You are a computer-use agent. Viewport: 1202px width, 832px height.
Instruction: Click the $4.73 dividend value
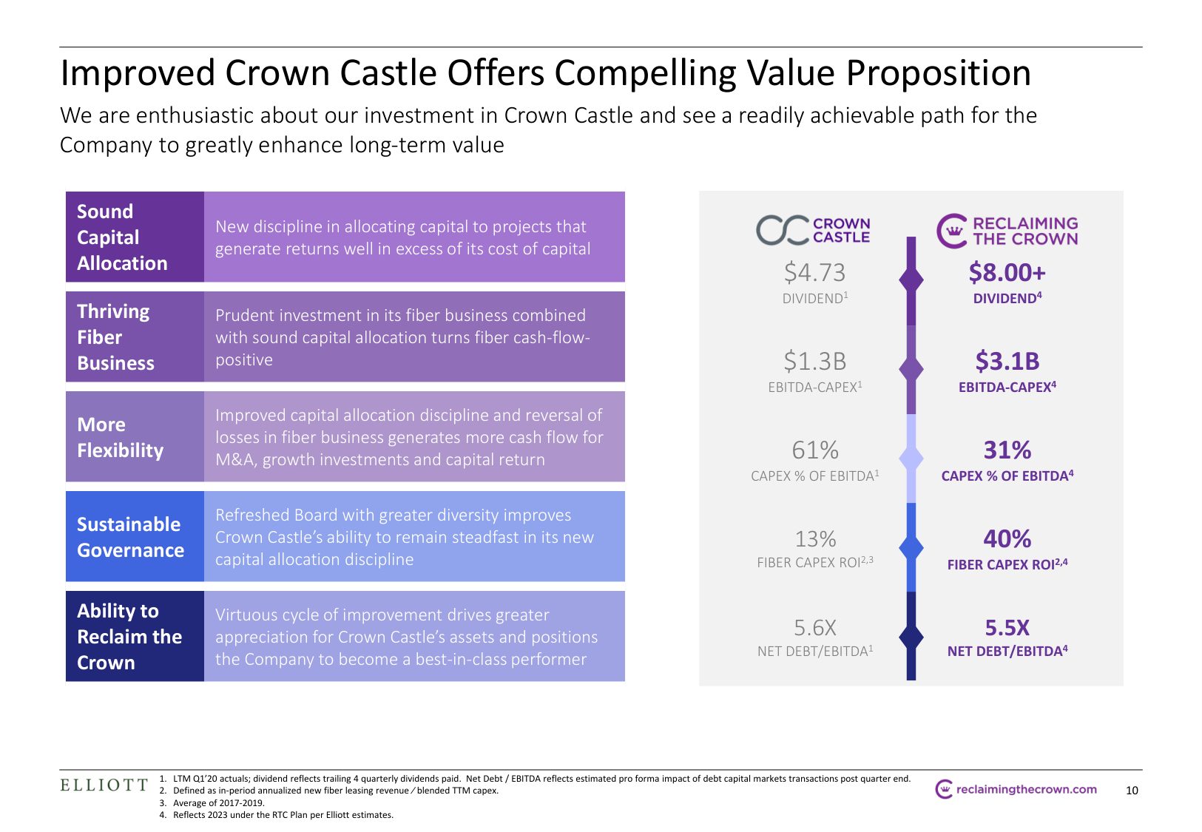pyautogui.click(x=814, y=273)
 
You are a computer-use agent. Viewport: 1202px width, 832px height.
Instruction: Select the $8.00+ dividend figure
pyautogui.click(x=1007, y=273)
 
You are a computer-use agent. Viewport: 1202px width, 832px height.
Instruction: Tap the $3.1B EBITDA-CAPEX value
pyautogui.click(x=1007, y=362)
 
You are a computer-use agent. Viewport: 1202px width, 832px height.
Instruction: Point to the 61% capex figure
pyautogui.click(x=815, y=450)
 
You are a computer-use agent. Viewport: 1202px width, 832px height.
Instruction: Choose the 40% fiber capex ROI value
pyautogui.click(x=1007, y=539)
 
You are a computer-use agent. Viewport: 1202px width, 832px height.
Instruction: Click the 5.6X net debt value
pyautogui.click(x=815, y=628)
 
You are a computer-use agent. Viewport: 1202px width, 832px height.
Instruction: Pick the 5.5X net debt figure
pyautogui.click(x=1007, y=628)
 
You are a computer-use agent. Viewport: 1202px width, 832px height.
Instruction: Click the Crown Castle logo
pyautogui.click(x=813, y=230)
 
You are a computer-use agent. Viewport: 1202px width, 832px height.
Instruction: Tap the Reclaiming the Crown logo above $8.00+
pyautogui.click(x=1007, y=231)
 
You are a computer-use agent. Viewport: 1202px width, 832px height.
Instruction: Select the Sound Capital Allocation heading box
pyautogui.click(x=135, y=237)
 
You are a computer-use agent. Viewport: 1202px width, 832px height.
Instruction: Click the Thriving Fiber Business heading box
pyautogui.click(x=135, y=336)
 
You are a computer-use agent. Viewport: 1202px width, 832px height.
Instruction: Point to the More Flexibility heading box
pyautogui.click(x=135, y=436)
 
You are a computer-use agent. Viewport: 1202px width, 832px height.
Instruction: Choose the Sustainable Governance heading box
pyautogui.click(x=135, y=536)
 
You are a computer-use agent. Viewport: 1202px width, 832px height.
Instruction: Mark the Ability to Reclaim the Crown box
pyautogui.click(x=135, y=636)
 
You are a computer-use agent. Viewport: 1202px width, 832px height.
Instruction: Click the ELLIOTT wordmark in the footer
pyautogui.click(x=104, y=785)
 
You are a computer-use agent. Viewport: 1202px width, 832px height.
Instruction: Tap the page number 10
pyautogui.click(x=1132, y=791)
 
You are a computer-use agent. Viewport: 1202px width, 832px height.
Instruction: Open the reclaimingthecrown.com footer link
pyautogui.click(x=1017, y=789)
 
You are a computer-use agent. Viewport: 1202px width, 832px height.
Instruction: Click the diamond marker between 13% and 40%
pyautogui.click(x=911, y=547)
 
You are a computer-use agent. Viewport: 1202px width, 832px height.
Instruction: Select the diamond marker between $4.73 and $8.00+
pyautogui.click(x=911, y=280)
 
